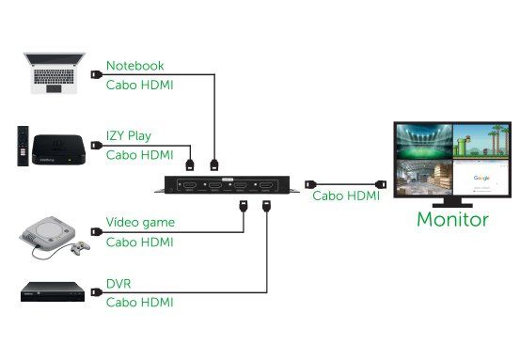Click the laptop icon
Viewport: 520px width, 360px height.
click(53, 74)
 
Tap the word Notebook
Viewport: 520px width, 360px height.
click(134, 66)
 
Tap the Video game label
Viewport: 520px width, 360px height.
click(140, 223)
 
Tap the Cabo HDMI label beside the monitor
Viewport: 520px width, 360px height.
click(346, 196)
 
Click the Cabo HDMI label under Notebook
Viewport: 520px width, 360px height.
click(139, 86)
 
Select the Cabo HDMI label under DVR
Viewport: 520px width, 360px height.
click(139, 302)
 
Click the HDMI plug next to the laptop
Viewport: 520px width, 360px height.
click(95, 73)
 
